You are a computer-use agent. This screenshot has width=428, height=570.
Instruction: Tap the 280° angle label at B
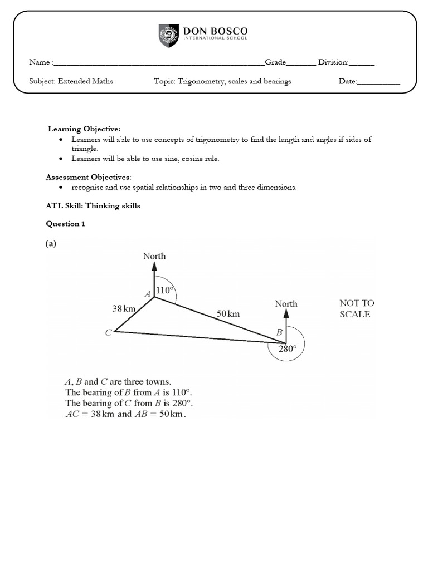288,349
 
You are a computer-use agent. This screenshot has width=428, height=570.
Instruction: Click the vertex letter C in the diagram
108,333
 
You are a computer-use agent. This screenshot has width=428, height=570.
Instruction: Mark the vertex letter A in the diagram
148,293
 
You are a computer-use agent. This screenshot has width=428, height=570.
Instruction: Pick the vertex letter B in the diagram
280,332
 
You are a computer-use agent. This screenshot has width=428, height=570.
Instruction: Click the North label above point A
154,256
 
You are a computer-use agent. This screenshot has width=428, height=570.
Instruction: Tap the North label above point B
286,304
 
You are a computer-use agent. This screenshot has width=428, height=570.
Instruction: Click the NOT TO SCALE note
357,308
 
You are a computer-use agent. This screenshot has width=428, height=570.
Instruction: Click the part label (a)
51,244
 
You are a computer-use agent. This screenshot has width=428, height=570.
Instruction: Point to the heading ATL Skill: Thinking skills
93,206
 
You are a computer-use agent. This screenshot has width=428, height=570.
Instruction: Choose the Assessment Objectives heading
88,177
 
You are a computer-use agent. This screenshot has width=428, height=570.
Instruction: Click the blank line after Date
378,82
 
